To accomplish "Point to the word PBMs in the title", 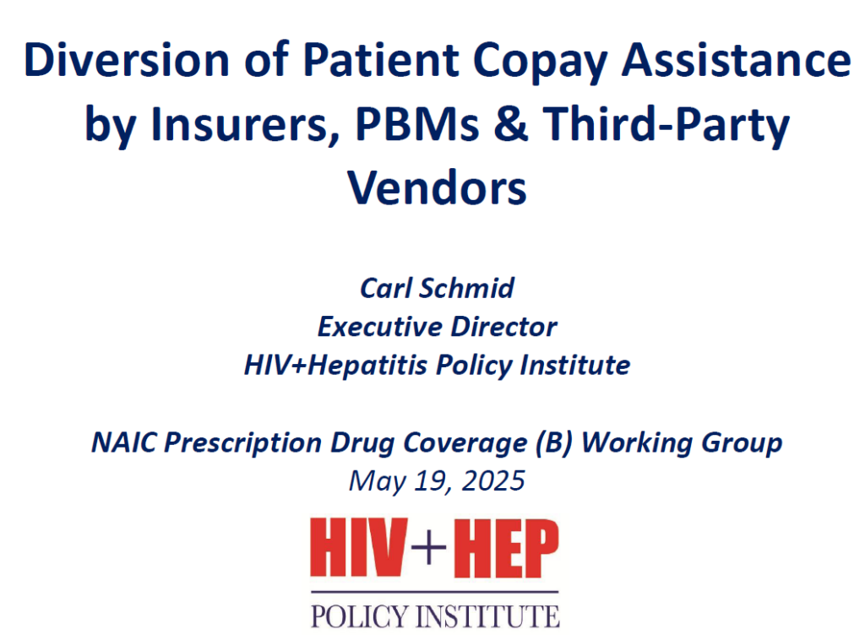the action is point(417,123).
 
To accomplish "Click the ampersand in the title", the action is point(511,123).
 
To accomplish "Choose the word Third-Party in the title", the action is point(666,126).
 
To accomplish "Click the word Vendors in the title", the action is point(437,187).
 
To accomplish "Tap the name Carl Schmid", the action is point(437,288).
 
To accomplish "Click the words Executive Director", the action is point(437,326).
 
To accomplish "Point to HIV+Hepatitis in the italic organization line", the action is point(335,366).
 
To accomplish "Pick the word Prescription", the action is point(243,443).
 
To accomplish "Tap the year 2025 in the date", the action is point(493,480).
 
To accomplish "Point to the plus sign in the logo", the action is point(428,547).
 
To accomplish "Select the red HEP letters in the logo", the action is point(506,548).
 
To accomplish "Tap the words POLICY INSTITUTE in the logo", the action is point(435,616).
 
